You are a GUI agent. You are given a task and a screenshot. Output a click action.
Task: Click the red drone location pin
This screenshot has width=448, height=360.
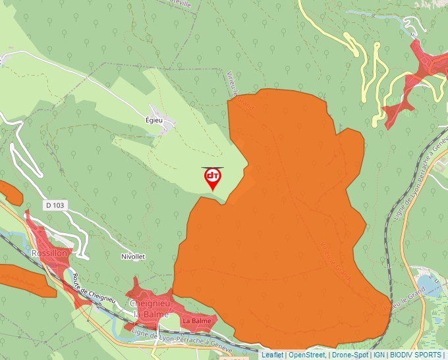[212, 178]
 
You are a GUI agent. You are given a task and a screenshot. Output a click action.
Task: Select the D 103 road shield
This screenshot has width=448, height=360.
[56, 205]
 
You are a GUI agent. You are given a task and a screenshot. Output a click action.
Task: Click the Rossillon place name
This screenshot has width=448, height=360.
[49, 253]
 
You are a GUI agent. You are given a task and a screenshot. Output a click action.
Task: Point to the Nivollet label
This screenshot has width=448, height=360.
[132, 256]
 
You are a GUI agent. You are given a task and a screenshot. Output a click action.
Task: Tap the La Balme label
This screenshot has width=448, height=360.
[197, 321]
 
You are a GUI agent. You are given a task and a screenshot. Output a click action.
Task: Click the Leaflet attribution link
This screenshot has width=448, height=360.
[272, 355]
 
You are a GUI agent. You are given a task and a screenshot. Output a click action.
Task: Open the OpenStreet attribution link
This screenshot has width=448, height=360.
[308, 355]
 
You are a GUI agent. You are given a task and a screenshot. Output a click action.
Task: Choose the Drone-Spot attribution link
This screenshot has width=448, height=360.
[350, 355]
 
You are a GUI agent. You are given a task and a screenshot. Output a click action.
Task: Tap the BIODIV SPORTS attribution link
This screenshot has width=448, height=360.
[416, 355]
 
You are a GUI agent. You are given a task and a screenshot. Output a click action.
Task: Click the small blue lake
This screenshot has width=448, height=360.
[431, 286]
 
